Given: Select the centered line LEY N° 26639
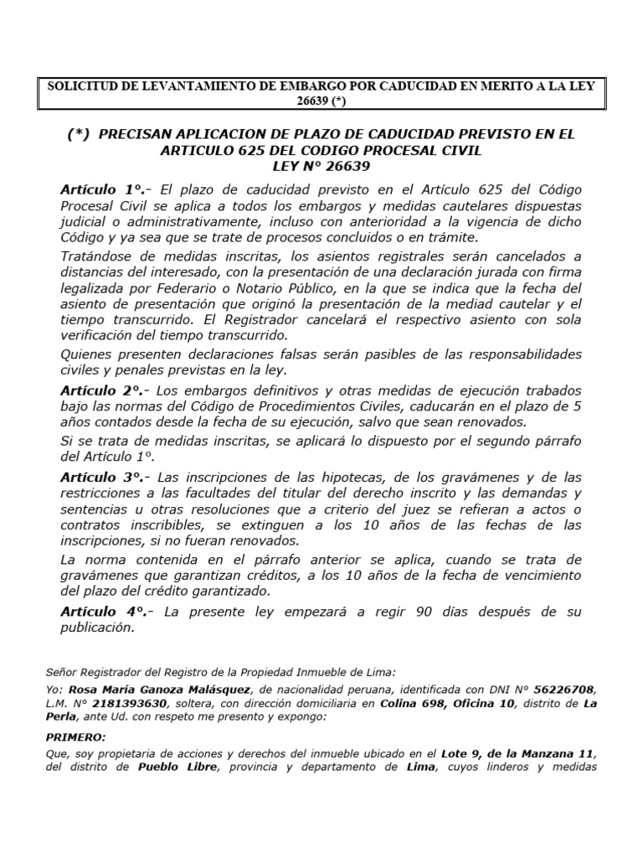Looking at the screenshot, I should pyautogui.click(x=321, y=165).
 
